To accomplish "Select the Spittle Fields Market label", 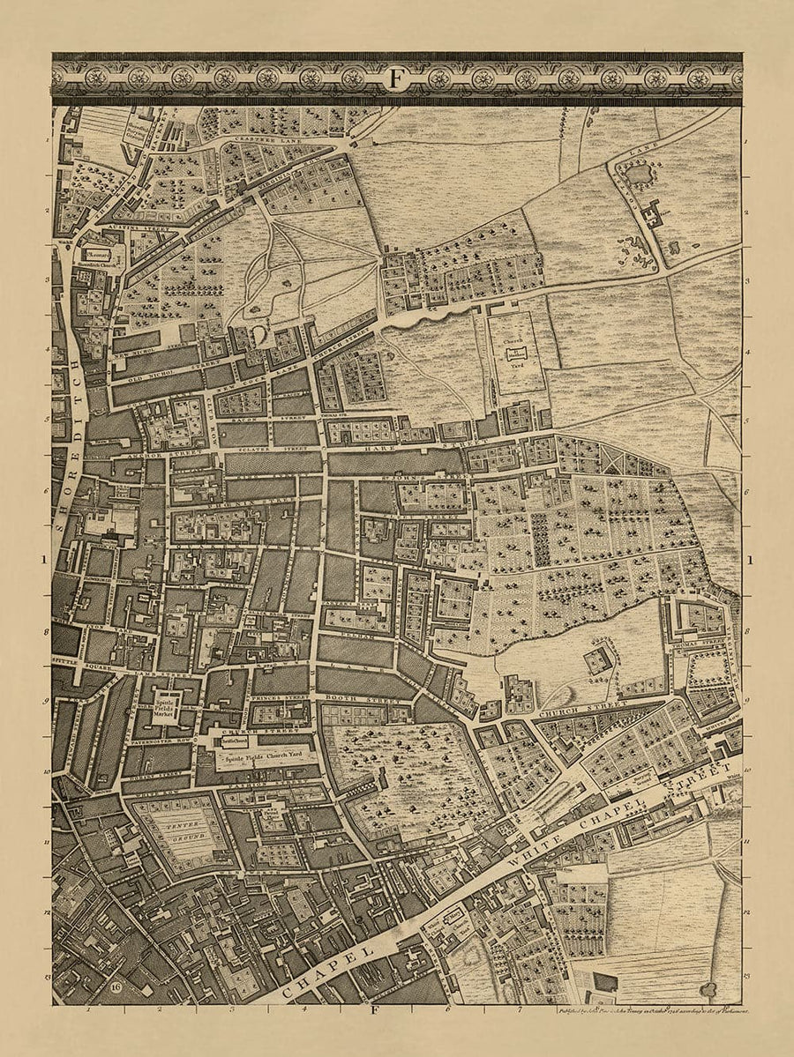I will (x=167, y=705).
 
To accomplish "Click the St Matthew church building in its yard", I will (x=510, y=353).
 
